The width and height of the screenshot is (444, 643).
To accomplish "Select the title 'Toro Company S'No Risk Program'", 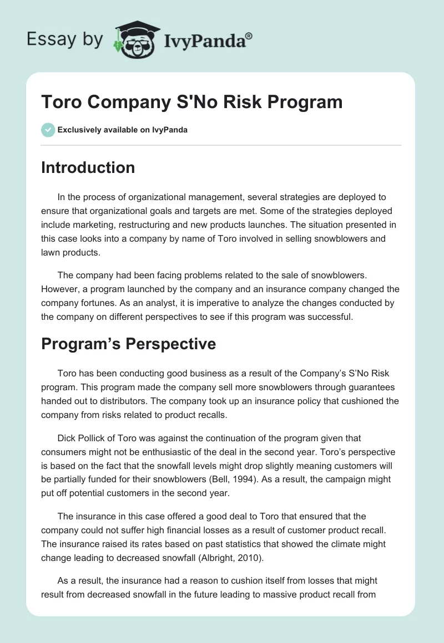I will coord(191,102).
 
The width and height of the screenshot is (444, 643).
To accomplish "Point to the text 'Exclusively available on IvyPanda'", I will coord(123,130).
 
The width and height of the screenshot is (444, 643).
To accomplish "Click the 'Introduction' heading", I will coord(88,167).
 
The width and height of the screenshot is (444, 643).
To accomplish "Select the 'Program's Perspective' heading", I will coord(128,344).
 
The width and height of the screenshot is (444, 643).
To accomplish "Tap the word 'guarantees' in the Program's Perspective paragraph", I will coord(367,386).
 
